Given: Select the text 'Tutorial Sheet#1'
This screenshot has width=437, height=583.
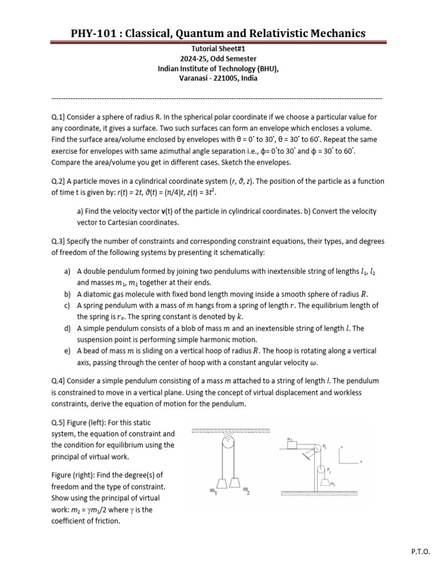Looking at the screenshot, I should click(x=218, y=50).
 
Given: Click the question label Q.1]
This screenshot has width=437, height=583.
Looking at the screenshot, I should click(x=60, y=117).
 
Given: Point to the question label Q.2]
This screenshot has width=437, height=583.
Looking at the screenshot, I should click(x=60, y=182).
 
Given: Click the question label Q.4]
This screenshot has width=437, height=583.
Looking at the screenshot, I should click(x=60, y=380).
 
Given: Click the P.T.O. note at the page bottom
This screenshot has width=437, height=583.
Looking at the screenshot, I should click(x=419, y=552).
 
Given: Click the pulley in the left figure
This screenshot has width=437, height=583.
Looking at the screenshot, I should click(x=229, y=440).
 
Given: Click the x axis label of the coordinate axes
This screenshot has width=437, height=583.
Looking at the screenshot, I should click(x=361, y=461).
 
